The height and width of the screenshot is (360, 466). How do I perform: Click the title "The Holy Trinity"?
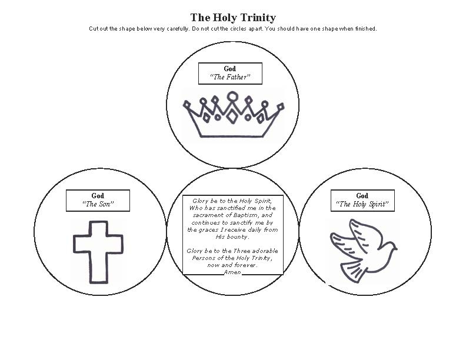tap(232, 18)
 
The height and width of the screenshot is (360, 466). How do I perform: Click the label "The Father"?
tap(230, 77)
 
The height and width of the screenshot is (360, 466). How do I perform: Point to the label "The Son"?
tap(98, 204)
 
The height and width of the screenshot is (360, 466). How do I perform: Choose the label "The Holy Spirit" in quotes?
tap(362, 204)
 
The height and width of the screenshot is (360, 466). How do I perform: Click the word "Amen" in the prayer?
tap(232, 273)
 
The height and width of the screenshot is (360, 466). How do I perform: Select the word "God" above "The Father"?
tap(230, 69)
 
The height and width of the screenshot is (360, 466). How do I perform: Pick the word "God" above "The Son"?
tap(98, 196)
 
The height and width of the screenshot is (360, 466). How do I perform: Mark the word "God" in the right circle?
tap(362, 196)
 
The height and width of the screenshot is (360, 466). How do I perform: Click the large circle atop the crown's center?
tap(232, 96)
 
